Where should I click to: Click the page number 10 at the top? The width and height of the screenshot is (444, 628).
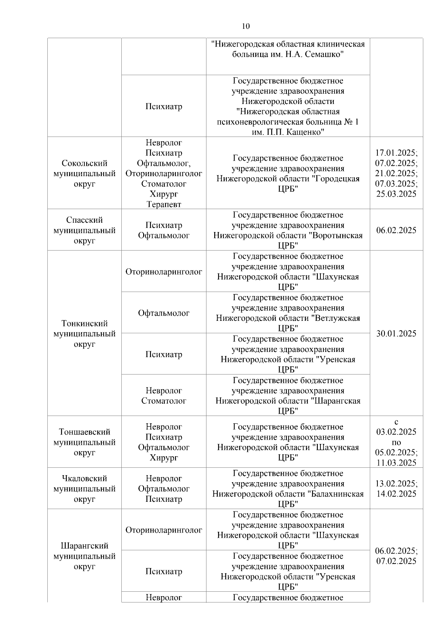pyautogui.click(x=246, y=26)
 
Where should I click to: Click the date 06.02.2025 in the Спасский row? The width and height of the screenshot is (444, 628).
pyautogui.click(x=396, y=230)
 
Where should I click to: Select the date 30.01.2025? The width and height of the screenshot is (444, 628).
pyautogui.click(x=396, y=333)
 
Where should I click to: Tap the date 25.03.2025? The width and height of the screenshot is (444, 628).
pyautogui.click(x=396, y=194)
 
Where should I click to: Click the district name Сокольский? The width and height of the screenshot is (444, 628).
pyautogui.click(x=84, y=163)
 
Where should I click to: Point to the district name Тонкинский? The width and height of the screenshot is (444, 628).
pyautogui.click(x=84, y=323)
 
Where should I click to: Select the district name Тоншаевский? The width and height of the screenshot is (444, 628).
pyautogui.click(x=84, y=432)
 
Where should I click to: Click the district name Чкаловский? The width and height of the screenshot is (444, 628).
pyautogui.click(x=84, y=478)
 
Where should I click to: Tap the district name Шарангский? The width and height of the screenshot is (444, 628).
pyautogui.click(x=84, y=546)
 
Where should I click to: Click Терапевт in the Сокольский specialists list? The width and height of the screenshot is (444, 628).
pyautogui.click(x=164, y=204)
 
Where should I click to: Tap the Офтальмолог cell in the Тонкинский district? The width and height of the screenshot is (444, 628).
pyautogui.click(x=164, y=313)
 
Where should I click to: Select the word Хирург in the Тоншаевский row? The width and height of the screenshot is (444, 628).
pyautogui.click(x=164, y=458)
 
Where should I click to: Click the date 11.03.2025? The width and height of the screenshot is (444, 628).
pyautogui.click(x=396, y=463)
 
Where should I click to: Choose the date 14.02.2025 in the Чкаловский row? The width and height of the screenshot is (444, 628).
pyautogui.click(x=396, y=494)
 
